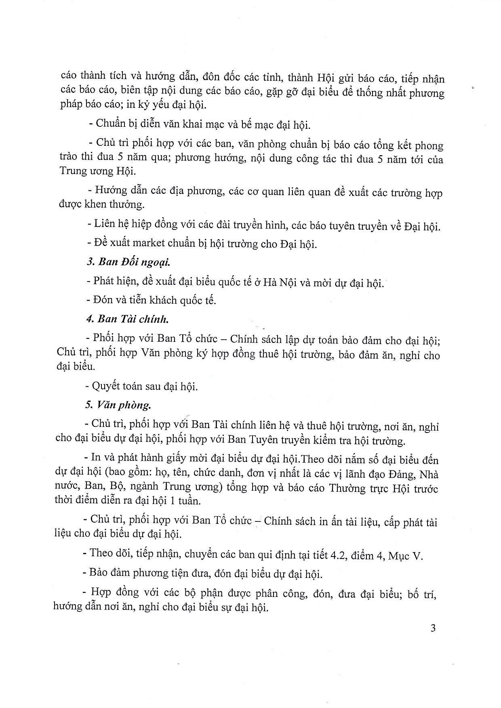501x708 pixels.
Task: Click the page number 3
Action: [433, 628]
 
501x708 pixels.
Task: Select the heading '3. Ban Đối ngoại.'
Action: [128, 262]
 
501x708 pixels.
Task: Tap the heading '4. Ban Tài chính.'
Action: [127, 319]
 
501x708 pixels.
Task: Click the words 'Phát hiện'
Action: [110, 281]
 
